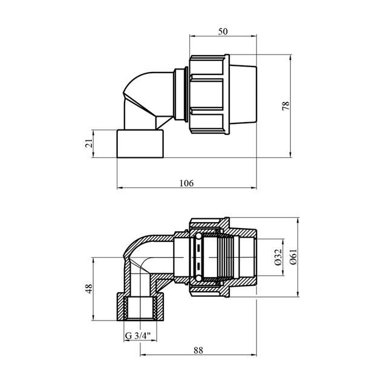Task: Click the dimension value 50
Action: tap(223, 31)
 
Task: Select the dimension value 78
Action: tap(286, 106)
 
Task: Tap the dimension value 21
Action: tap(90, 143)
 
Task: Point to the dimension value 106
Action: tap(187, 183)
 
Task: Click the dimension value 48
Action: tap(89, 288)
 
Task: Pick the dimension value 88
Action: tap(198, 350)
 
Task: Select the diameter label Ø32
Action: tap(278, 257)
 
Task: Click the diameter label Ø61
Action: tap(293, 257)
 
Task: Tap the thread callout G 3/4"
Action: tap(138, 336)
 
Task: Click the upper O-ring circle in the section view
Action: tap(198, 236)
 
